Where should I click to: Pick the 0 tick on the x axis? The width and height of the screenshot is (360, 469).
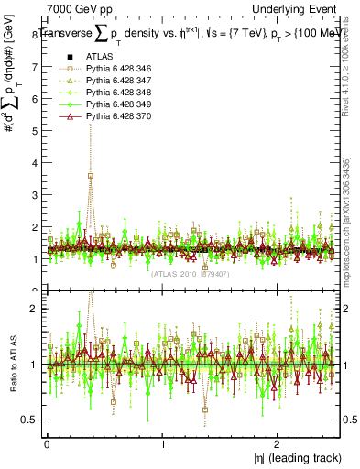point(47,443)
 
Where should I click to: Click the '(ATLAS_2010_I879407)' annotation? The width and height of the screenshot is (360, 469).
point(189,272)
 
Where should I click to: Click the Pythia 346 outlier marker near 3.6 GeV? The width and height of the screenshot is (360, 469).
point(90,176)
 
